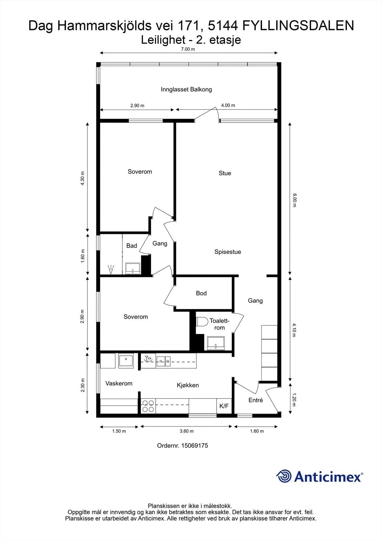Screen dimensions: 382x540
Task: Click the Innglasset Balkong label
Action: [x=186, y=89]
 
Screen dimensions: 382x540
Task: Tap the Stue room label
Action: [x=225, y=173]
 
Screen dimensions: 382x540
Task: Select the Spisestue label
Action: [x=228, y=252]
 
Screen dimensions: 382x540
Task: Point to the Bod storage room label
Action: [x=201, y=293]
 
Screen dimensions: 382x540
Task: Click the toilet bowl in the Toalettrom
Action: [x=202, y=322]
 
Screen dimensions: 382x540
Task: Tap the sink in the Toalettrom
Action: [x=216, y=343]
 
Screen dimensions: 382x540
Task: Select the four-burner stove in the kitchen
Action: [x=148, y=406]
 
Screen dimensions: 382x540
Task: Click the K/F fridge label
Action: [x=224, y=406]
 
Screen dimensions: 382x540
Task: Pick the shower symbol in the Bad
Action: [x=111, y=270]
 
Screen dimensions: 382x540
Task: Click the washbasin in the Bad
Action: [x=133, y=269]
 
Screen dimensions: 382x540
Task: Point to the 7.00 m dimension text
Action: [x=188, y=49]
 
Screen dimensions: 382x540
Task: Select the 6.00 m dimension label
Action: [x=295, y=200]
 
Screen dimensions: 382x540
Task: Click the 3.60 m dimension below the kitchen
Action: [x=186, y=431]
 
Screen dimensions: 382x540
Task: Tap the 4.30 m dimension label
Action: [x=82, y=178]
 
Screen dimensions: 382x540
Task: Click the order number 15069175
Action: [x=195, y=446]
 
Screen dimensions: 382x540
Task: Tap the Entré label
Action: [x=256, y=400]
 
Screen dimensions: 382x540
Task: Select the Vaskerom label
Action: [x=119, y=383]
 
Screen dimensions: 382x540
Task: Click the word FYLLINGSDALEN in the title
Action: [x=298, y=26]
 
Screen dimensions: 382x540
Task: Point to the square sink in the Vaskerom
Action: [x=126, y=361]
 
